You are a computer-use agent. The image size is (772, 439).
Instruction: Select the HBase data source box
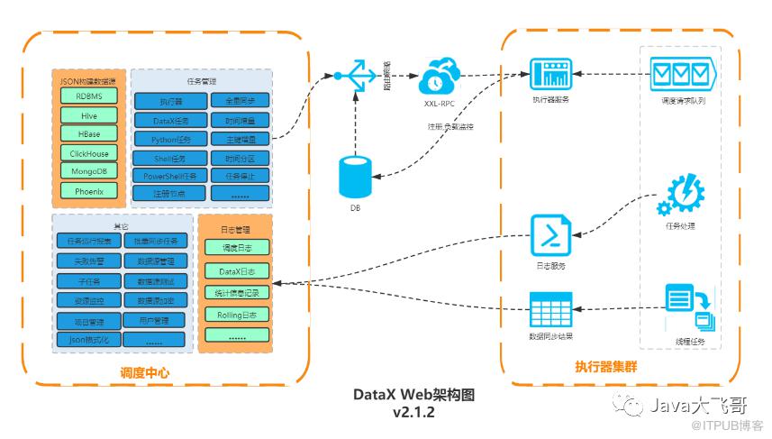point(88,133)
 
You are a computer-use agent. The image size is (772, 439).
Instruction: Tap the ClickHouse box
point(88,152)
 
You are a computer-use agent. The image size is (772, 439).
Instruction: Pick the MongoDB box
point(88,171)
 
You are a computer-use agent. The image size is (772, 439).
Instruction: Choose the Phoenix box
point(88,191)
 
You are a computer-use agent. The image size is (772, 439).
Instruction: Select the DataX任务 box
point(169,121)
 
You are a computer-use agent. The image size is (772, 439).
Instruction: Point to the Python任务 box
point(169,140)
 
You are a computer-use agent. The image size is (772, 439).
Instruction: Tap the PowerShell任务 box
point(169,177)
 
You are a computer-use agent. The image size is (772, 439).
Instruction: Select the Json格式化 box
point(88,340)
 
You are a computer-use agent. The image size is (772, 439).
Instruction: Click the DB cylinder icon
point(355,177)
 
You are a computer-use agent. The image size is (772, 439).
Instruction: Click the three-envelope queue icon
point(682,71)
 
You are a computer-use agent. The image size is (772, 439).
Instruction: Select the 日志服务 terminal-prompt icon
point(550,236)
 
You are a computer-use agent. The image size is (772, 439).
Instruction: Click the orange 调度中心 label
point(144,372)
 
